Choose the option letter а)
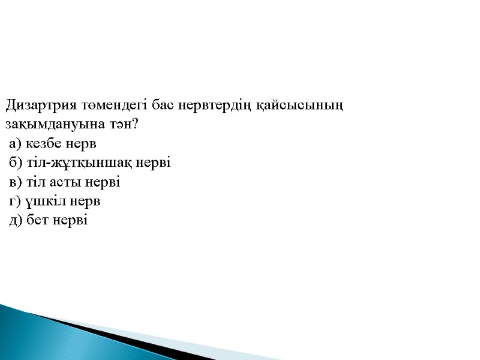16,145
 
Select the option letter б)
16,163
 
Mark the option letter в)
16,182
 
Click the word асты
63,182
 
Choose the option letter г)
16,202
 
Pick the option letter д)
16,221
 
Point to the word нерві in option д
70,221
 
